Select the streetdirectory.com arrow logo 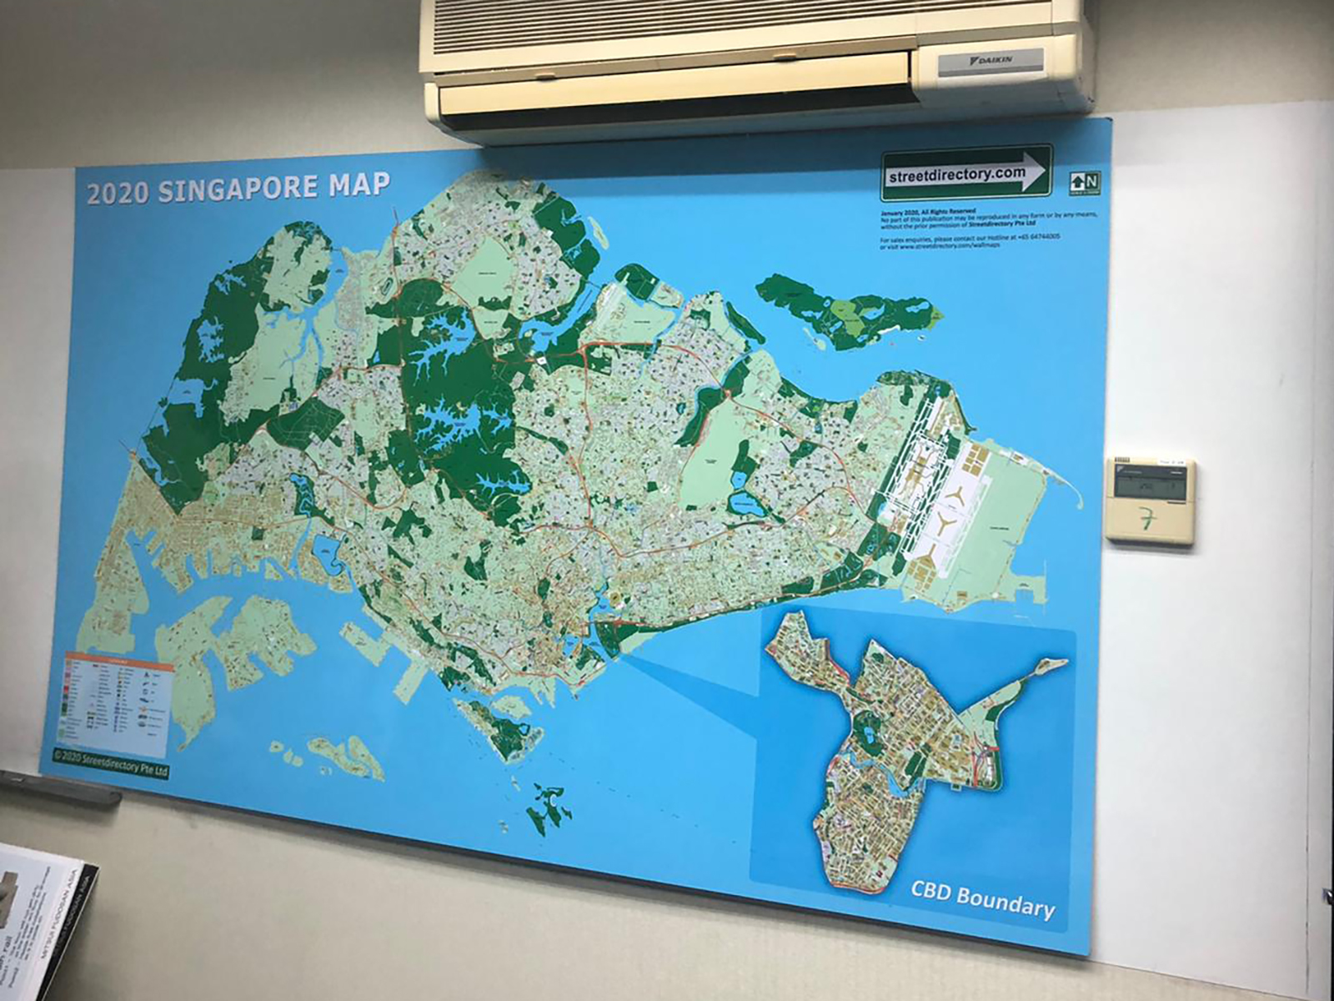[x=966, y=174]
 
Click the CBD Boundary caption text [x=981, y=901]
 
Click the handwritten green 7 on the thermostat [x=1149, y=520]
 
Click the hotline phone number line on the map [x=970, y=239]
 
